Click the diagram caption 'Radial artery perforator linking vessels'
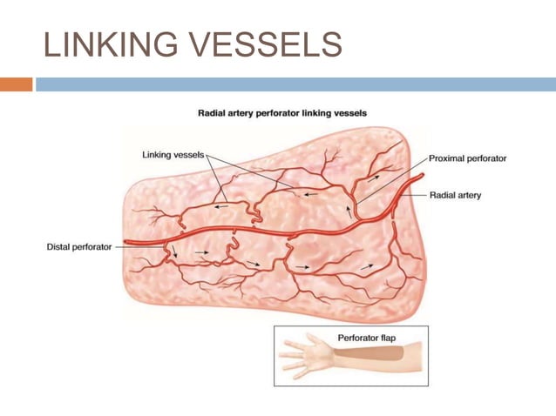tap(281, 113)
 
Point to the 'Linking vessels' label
tap(173, 155)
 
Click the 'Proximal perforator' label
tap(467, 158)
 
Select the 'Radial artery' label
tap(455, 195)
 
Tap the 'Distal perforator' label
tap(78, 247)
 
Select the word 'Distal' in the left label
tap(58, 247)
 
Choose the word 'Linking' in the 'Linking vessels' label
tap(157, 155)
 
